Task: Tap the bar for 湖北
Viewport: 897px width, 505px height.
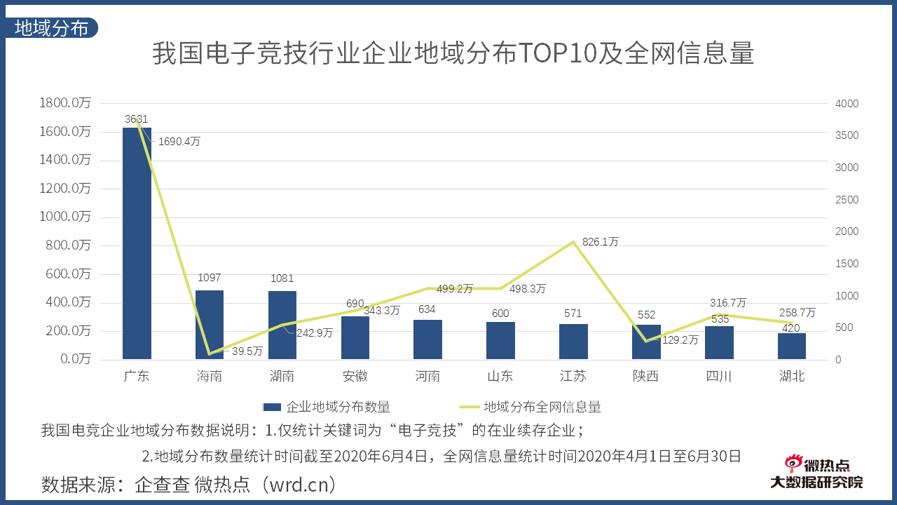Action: coord(792,346)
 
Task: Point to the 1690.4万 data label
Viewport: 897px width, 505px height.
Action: coord(179,142)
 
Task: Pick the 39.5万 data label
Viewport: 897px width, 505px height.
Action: coord(247,351)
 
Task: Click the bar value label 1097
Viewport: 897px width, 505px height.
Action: coord(210,278)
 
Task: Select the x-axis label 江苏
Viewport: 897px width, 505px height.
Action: coord(573,377)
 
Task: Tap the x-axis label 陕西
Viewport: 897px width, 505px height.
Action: coord(645,377)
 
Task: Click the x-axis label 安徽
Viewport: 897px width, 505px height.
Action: coord(355,377)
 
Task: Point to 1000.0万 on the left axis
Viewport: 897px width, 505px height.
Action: coord(65,217)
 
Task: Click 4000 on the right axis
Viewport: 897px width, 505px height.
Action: coord(847,104)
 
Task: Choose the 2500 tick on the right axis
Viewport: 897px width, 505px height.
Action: coord(847,200)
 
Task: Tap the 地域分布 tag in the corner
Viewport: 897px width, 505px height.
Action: coord(52,28)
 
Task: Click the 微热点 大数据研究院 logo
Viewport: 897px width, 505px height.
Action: coord(816,473)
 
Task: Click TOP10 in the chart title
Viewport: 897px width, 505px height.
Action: coord(557,54)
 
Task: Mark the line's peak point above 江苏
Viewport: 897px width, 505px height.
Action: coord(573,242)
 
